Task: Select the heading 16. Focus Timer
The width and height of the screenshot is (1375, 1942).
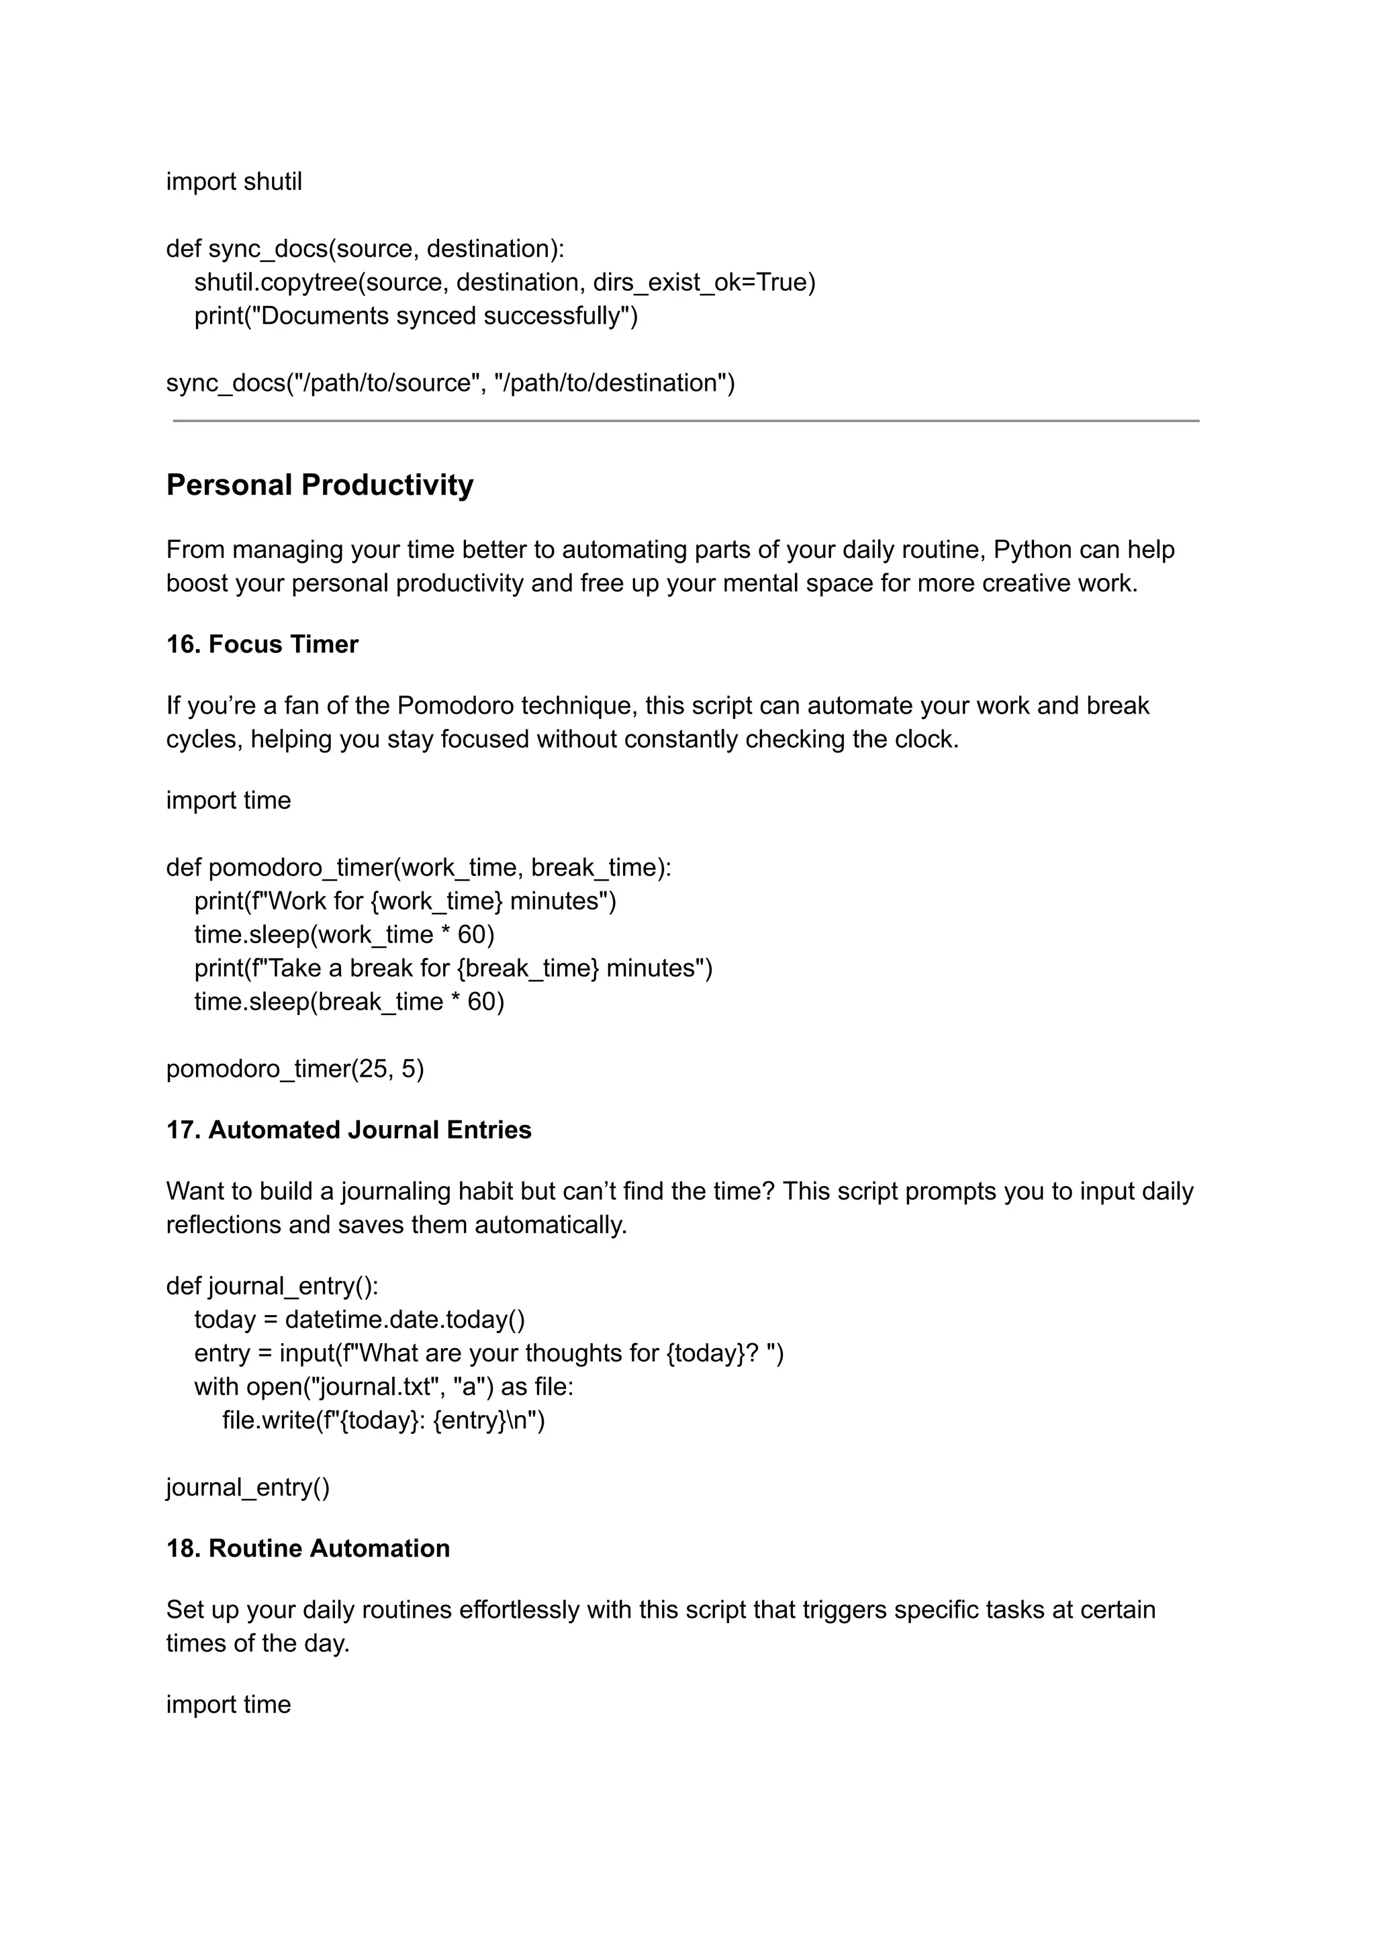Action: point(262,644)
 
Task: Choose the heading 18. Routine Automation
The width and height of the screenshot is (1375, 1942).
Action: point(307,1549)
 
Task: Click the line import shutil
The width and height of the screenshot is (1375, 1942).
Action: point(234,182)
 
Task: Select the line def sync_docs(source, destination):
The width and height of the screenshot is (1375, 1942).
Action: point(365,249)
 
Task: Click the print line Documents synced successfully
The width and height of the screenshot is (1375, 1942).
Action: point(416,315)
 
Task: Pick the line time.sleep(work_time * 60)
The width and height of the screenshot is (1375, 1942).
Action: point(344,934)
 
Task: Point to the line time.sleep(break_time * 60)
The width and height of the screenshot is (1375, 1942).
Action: point(349,1002)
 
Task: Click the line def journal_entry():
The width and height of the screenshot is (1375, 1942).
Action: point(272,1286)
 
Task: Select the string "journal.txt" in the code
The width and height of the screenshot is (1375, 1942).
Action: point(380,1387)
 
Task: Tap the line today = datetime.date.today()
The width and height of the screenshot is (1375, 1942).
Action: point(359,1320)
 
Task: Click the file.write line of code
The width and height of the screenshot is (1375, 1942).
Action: point(383,1420)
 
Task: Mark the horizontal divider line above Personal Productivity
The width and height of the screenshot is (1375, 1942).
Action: point(685,421)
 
